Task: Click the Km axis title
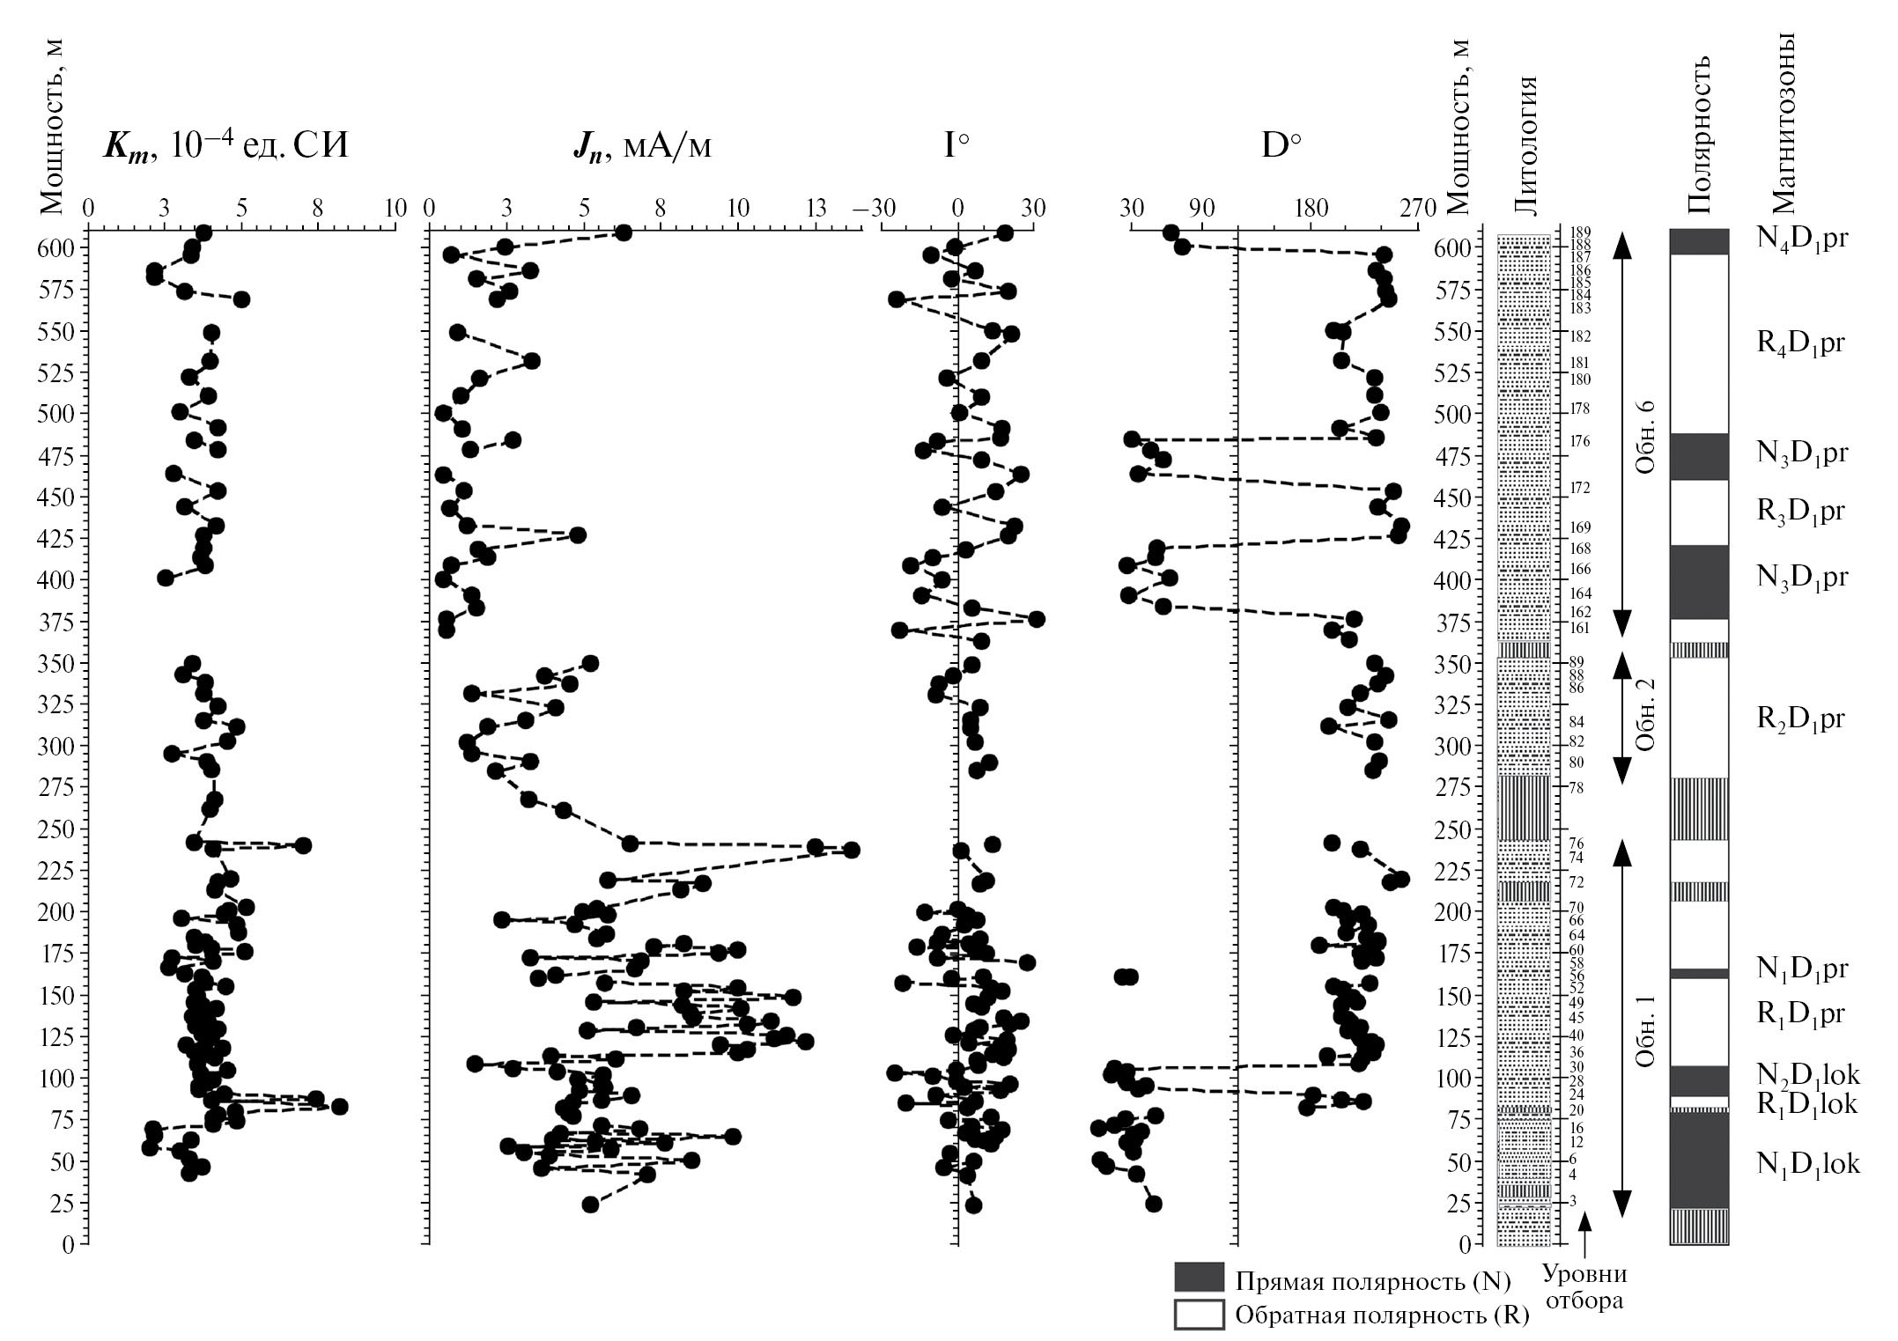[x=225, y=144]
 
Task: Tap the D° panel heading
[x=1281, y=145]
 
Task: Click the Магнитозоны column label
[x=1783, y=124]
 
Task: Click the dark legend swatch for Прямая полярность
[x=1199, y=1278]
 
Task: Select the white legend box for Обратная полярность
[x=1199, y=1315]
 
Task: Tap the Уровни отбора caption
[x=1584, y=1286]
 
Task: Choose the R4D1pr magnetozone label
[x=1800, y=343]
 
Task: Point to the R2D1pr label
[x=1800, y=719]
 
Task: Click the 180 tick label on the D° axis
[x=1311, y=209]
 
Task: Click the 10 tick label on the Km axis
[x=395, y=209]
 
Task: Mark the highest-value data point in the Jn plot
[x=851, y=850]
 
